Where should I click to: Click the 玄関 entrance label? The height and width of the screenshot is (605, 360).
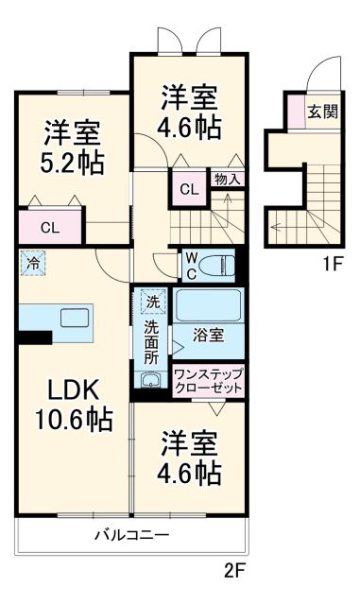[322, 111]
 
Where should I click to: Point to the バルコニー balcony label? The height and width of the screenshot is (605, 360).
[131, 536]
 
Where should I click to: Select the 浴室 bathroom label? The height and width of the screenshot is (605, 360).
[207, 335]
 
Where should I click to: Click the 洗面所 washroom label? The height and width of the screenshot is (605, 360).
[152, 344]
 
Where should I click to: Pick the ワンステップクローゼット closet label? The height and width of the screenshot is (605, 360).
[208, 382]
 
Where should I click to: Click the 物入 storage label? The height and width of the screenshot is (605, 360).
[227, 179]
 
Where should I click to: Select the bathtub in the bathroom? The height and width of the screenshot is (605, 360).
[208, 306]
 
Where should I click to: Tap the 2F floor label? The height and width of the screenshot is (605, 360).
[235, 571]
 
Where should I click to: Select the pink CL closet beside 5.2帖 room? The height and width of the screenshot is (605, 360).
[50, 227]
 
